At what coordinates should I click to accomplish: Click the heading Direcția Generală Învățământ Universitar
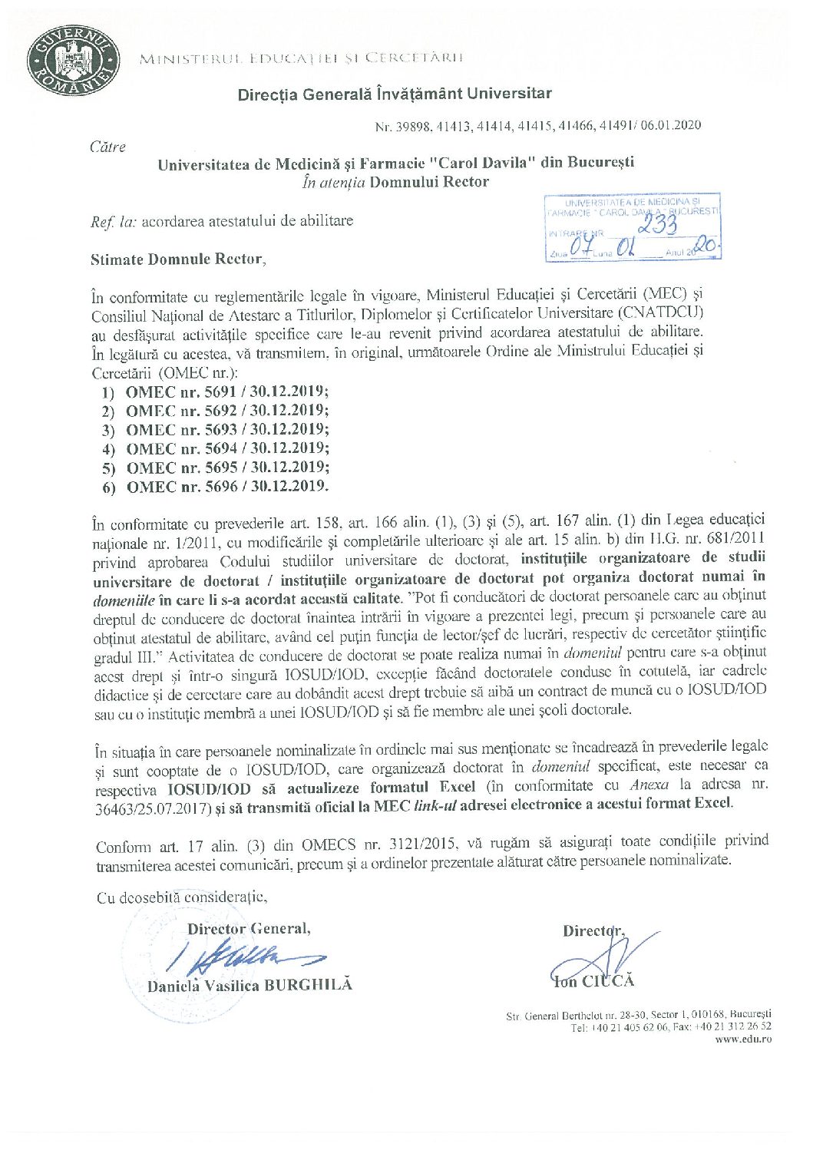(395, 94)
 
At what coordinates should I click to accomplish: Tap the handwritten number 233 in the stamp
(658, 224)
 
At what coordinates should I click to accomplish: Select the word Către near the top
(107, 147)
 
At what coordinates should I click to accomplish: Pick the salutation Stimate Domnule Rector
(177, 259)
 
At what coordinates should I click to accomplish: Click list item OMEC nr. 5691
(227, 392)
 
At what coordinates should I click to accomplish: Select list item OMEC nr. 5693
(227, 430)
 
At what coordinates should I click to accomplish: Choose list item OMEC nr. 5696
(227, 487)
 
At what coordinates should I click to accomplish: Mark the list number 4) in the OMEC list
(108, 450)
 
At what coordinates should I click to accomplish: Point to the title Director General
(249, 929)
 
